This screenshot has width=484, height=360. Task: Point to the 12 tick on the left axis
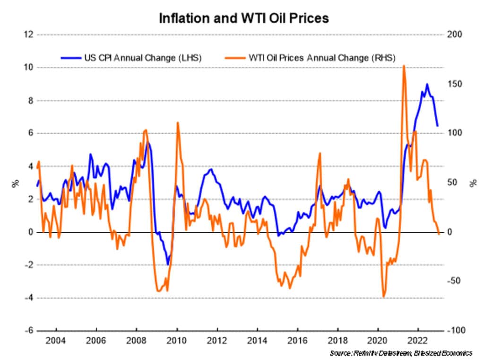29,35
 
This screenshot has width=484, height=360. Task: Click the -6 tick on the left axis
29,331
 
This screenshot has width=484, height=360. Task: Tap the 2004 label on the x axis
56,342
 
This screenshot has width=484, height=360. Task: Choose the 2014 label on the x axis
257,342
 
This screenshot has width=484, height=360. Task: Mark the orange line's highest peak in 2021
404,66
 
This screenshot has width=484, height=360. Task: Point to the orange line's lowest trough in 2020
384,297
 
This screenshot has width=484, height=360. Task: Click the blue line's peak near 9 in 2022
427,85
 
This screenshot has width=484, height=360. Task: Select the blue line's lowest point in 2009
167,264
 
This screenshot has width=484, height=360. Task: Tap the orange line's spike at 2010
178,123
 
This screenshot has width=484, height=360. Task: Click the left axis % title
15,183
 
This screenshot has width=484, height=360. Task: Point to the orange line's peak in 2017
320,153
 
